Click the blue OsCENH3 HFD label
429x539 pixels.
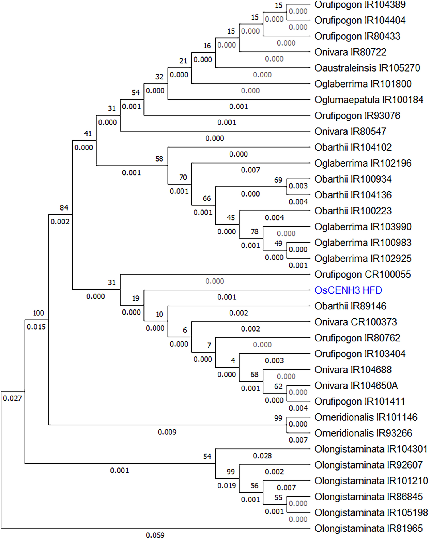(348, 290)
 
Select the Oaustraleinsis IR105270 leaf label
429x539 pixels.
(367, 68)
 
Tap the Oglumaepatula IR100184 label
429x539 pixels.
(369, 100)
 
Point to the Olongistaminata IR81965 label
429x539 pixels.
(369, 528)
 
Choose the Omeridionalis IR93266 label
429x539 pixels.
(363, 433)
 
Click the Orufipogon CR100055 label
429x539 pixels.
(363, 274)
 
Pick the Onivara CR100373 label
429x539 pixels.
(356, 322)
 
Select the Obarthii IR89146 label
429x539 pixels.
(350, 306)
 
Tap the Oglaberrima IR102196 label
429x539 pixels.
(363, 163)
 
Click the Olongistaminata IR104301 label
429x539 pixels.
(371, 449)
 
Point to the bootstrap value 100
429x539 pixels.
(38, 313)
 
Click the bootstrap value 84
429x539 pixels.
(64, 208)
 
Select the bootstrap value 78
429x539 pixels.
(254, 231)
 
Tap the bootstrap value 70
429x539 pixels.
(183, 177)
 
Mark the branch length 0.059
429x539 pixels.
(155, 535)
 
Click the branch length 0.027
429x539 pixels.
(12, 398)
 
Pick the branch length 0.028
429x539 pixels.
(262, 456)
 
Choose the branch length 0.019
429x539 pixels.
(227, 486)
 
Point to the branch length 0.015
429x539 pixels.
(36, 327)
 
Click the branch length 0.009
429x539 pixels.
(167, 432)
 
